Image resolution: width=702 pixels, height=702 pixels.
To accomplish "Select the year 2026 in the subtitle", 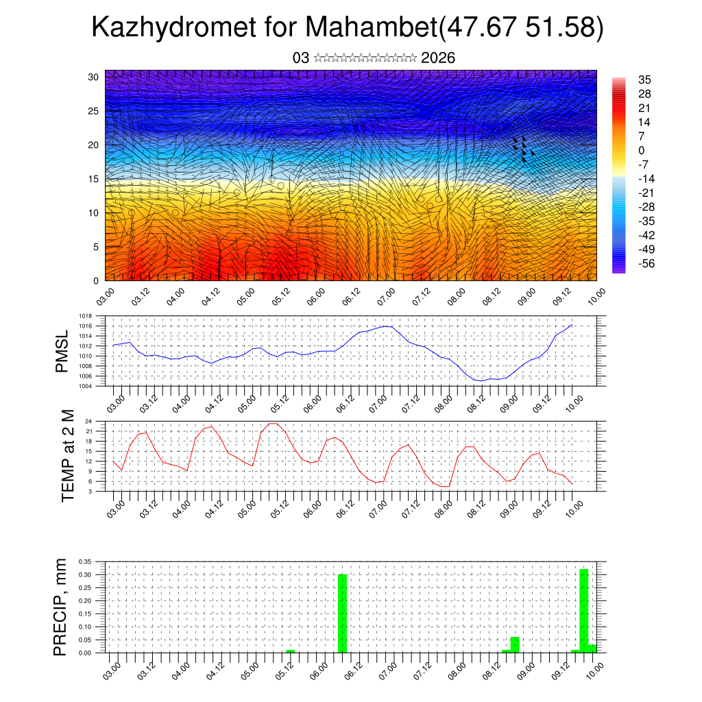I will pyautogui.click(x=438, y=58).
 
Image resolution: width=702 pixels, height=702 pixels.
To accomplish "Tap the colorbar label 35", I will pyautogui.click(x=644, y=80).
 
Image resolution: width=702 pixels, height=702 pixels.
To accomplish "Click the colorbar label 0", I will pyautogui.click(x=641, y=150).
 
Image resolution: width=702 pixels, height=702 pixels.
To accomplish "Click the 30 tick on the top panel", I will pyautogui.click(x=93, y=76).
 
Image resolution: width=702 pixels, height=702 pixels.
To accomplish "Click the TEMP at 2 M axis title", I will pyautogui.click(x=67, y=455).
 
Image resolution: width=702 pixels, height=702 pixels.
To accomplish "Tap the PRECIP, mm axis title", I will pyautogui.click(x=62, y=606).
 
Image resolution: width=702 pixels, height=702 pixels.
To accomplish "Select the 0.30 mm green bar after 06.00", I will pyautogui.click(x=343, y=614).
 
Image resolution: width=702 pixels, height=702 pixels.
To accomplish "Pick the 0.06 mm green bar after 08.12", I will pyautogui.click(x=515, y=645).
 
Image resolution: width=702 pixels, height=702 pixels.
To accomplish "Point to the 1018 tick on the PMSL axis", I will pyautogui.click(x=87, y=317).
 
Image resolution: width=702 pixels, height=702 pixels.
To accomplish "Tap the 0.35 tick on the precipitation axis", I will pyautogui.click(x=84, y=561).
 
